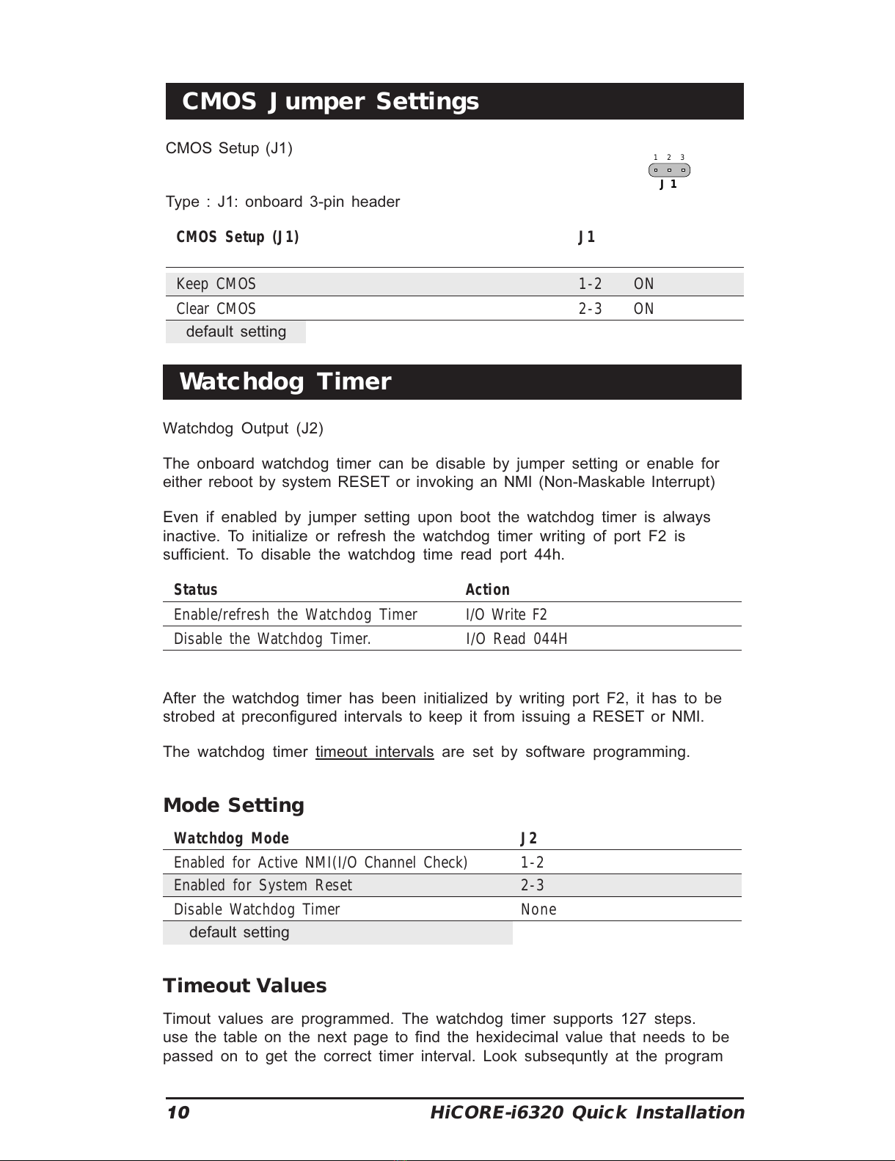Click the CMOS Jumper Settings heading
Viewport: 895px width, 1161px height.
pos(330,101)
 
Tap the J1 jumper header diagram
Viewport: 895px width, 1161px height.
pos(669,170)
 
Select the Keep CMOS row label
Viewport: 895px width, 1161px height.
pos(216,284)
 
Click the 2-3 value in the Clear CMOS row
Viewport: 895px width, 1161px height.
pos(590,309)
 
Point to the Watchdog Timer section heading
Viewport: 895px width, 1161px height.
pos(285,382)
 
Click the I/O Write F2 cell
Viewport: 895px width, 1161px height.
pos(506,615)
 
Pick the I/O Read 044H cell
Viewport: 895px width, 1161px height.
pos(516,639)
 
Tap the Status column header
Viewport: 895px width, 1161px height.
pos(195,590)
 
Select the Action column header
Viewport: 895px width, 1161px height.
pos(487,590)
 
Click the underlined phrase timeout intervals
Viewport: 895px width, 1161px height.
pos(374,752)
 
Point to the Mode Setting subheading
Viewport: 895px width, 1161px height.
pos(233,805)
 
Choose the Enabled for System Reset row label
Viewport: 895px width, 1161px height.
pos(263,885)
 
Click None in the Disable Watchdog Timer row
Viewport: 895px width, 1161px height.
pos(538,909)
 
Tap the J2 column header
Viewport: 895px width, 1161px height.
pos(528,838)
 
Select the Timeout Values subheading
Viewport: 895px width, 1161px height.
pos(244,986)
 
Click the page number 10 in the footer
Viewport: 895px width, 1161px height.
pos(178,1113)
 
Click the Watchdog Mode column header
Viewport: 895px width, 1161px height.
pos(231,838)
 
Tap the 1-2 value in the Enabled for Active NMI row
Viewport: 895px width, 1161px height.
pos(532,862)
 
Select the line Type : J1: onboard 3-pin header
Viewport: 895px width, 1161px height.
pos(282,202)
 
